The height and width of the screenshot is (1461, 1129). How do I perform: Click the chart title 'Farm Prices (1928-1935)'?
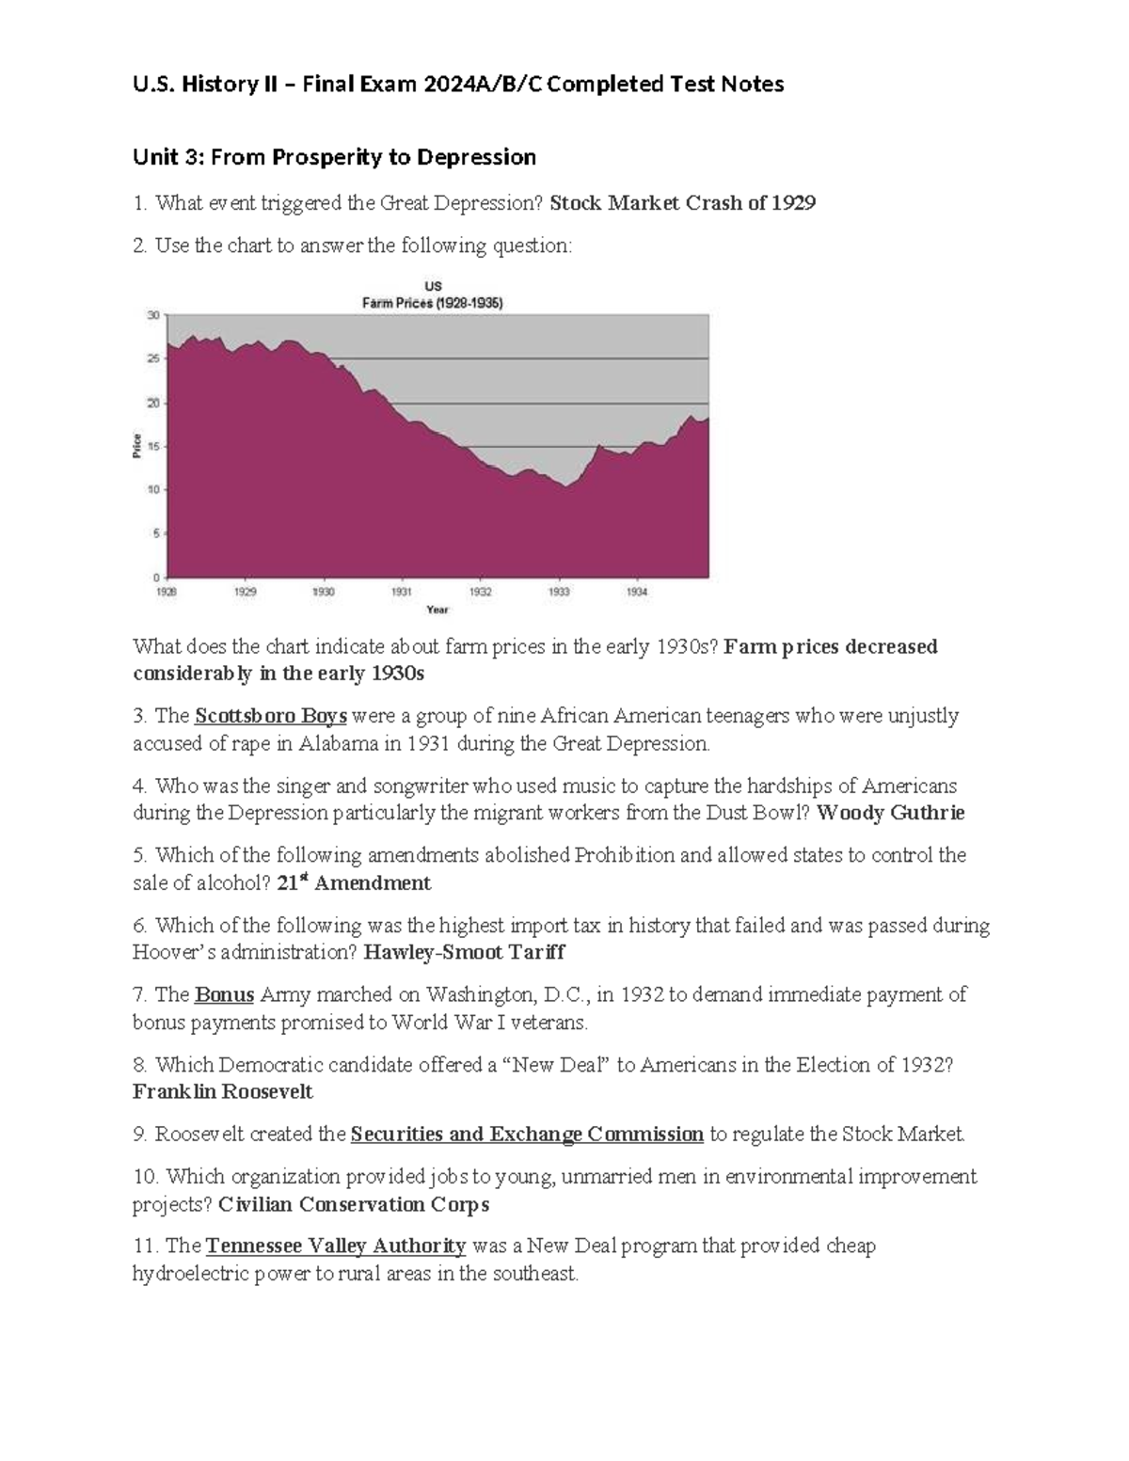coord(433,303)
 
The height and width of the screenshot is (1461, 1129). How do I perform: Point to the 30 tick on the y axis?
coord(152,315)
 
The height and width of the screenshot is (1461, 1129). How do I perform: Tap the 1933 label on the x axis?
coord(559,593)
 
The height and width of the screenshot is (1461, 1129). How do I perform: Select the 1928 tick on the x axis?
coord(167,593)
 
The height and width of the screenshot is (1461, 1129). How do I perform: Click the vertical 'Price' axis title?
coord(137,446)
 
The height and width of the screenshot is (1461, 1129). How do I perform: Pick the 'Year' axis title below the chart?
coord(437,610)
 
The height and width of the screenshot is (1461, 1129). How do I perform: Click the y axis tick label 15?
coord(152,446)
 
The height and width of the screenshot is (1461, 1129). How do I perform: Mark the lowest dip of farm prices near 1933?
coord(564,486)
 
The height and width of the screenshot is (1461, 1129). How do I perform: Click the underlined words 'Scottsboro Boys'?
coord(271,716)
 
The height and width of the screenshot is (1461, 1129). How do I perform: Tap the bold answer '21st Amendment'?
coord(355,883)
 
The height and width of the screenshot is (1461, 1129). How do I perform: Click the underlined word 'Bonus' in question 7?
coord(224,994)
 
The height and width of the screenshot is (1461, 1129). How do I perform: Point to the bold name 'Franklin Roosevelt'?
coord(223,1092)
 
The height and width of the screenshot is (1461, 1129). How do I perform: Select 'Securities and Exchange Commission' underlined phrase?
coord(527,1135)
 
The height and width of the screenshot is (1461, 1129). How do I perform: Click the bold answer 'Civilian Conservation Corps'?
coord(354,1204)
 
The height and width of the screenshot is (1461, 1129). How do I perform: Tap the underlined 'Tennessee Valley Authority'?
coord(336,1247)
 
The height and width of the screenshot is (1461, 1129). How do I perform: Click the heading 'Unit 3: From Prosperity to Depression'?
coord(334,157)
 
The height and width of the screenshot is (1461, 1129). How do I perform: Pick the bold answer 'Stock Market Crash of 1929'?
coord(682,203)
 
